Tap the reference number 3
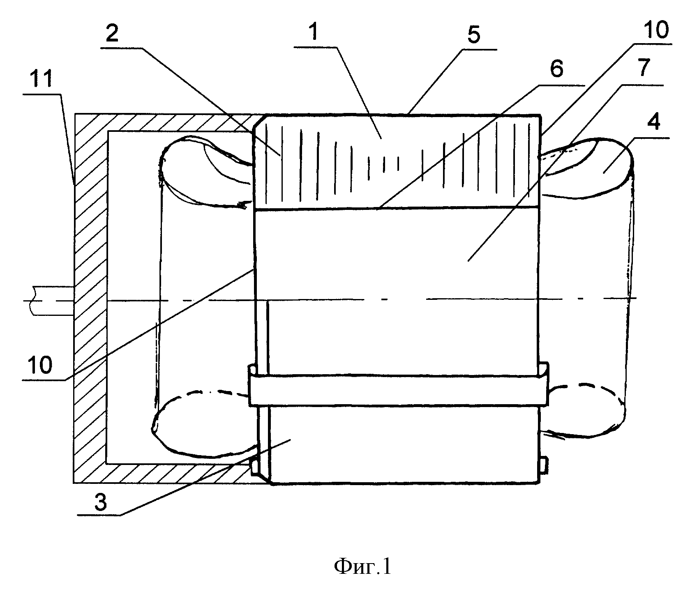tap(101, 502)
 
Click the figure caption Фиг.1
tap(362, 567)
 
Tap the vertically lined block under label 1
tap(397, 162)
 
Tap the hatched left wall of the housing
tap(90, 298)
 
